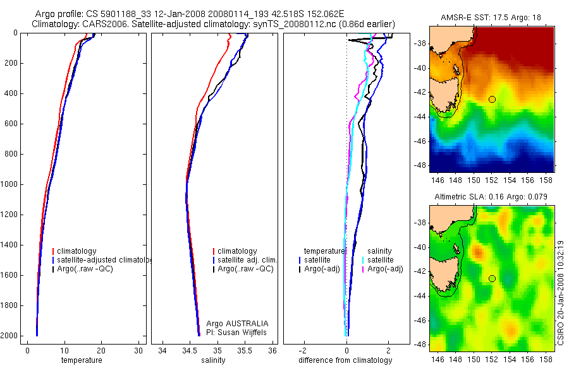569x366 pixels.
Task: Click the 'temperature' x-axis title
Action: [x=81, y=360]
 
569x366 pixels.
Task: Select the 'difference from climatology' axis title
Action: [x=346, y=360]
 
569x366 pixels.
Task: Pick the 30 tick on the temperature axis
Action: [x=138, y=351]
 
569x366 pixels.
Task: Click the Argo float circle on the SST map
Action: [x=492, y=99]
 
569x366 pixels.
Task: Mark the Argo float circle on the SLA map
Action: [x=492, y=278]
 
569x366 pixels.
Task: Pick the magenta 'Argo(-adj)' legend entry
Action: [x=385, y=269]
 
